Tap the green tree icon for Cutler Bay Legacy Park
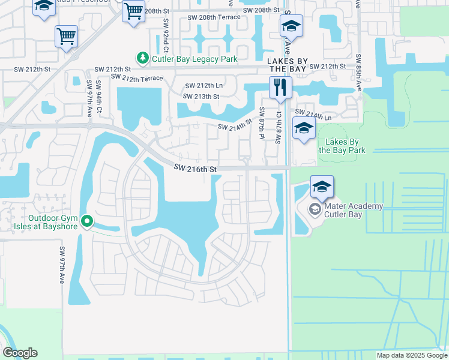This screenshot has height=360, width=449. click(x=142, y=58)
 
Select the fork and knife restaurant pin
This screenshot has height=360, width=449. click(x=279, y=88)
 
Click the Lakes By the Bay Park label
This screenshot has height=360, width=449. click(x=342, y=146)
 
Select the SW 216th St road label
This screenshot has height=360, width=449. click(x=195, y=170)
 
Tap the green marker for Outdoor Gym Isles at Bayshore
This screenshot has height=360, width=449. click(x=87, y=222)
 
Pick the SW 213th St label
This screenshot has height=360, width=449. click(x=200, y=97)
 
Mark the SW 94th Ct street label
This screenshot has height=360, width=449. click(x=99, y=95)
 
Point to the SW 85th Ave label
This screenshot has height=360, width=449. click(x=358, y=72)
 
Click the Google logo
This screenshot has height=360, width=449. click(x=20, y=353)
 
